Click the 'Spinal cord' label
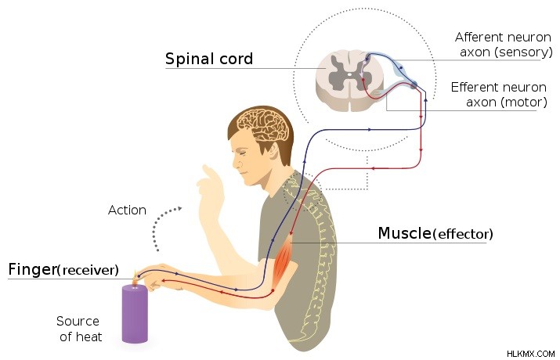[x=209, y=59]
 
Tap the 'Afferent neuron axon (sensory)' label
[x=504, y=45]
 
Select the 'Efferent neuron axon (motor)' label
[x=499, y=95]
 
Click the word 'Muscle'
[x=405, y=233]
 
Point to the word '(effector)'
[x=463, y=235]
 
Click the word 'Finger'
[x=32, y=269]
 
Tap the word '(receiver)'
[x=89, y=270]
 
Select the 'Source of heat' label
[x=79, y=329]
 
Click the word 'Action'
[x=127, y=211]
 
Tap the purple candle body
[x=135, y=314]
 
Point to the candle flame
[x=135, y=278]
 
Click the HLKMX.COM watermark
[x=531, y=354]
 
